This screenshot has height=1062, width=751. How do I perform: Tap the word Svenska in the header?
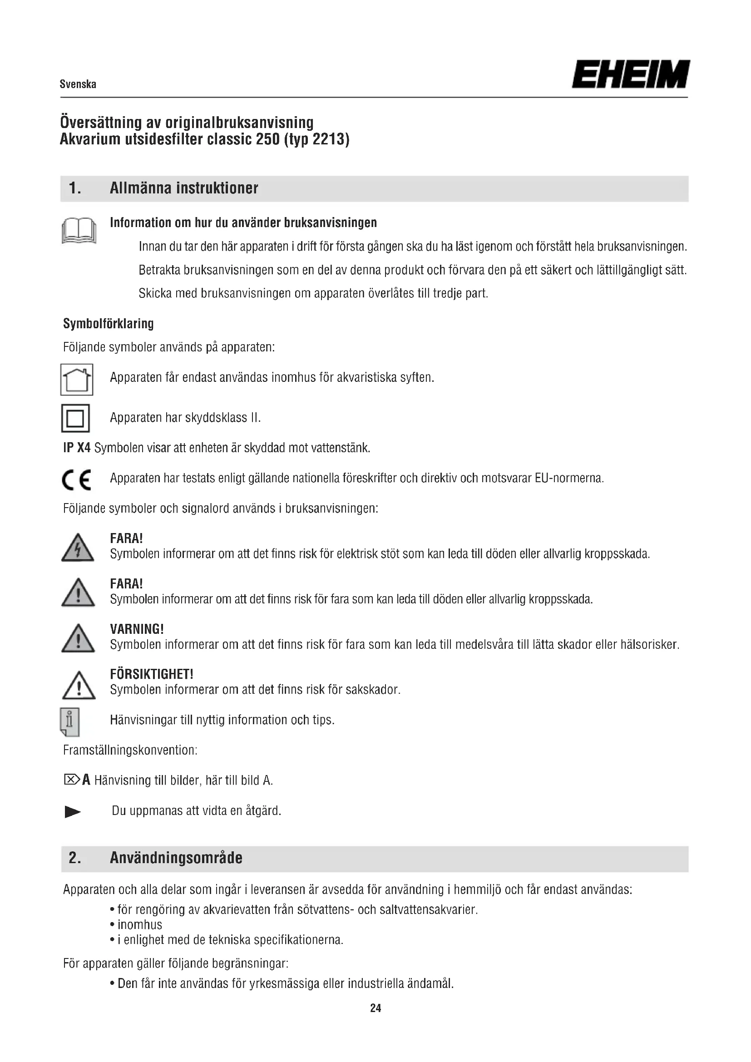[x=78, y=84]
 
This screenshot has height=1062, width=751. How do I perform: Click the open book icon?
[x=79, y=231]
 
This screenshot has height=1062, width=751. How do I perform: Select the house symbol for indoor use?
[x=77, y=379]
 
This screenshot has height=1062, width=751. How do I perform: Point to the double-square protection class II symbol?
[x=75, y=418]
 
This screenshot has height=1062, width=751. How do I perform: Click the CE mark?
[x=77, y=479]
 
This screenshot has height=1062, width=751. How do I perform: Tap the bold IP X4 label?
[x=77, y=448]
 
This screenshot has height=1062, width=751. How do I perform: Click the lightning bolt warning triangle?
[x=78, y=548]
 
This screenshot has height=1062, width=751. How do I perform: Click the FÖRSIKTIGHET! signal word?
[x=152, y=674]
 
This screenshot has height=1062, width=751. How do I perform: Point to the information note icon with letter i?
[x=70, y=721]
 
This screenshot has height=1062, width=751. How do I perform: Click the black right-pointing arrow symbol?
[x=73, y=812]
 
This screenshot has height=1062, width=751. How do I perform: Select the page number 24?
[x=375, y=1008]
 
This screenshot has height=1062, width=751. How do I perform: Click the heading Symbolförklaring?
[x=108, y=323]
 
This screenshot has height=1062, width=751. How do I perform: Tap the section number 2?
[x=74, y=858]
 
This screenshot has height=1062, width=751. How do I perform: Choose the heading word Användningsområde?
[x=176, y=858]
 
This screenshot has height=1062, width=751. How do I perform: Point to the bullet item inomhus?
[x=140, y=924]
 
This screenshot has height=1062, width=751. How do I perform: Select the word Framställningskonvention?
[x=130, y=750]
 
